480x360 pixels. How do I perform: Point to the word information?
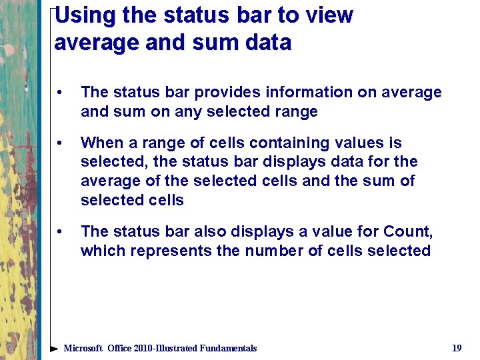304,93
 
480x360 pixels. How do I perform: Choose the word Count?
407,232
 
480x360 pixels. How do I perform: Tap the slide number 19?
457,348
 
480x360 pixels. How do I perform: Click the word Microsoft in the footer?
83,348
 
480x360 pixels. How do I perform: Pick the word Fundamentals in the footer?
224,348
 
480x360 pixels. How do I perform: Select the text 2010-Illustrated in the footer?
162,348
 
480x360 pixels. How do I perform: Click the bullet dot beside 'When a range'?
60,143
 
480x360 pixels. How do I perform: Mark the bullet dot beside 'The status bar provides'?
60,93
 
